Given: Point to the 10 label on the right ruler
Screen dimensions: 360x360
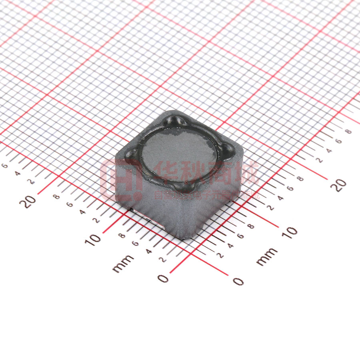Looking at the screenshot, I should [291, 231].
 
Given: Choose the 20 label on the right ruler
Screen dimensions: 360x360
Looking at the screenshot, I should [340, 185].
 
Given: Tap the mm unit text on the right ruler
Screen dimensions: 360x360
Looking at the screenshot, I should [266, 257].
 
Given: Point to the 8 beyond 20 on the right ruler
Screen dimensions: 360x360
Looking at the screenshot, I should [348, 131].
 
